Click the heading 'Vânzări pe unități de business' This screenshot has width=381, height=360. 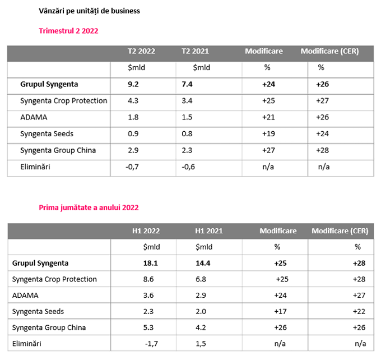(x=90, y=11)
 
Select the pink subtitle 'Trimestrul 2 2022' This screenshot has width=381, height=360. (x=68, y=31)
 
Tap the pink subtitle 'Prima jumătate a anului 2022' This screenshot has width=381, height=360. (x=89, y=207)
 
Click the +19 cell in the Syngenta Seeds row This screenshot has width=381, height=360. (x=267, y=134)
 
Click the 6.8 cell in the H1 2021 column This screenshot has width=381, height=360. (x=202, y=279)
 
